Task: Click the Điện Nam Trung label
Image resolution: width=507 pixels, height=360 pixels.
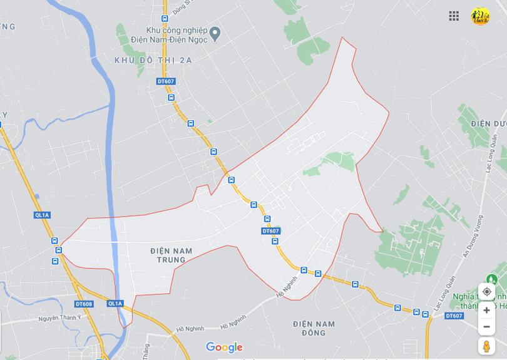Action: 171,255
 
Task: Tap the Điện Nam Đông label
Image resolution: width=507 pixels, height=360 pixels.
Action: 314,328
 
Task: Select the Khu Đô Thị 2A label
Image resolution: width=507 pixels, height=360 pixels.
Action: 153,60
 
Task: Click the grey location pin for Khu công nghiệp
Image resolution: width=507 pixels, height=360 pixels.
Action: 215,33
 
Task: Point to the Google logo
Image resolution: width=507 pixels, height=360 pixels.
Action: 223,347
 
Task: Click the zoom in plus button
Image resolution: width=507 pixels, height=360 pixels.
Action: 486,310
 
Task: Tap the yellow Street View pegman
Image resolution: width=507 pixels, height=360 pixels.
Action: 486,346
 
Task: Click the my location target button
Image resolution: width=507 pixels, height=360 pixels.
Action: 486,292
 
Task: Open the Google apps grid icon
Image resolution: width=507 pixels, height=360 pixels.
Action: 454,16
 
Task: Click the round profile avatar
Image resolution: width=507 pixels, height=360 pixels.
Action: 480,16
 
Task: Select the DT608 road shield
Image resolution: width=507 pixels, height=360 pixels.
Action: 84,304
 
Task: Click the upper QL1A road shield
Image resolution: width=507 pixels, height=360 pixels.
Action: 42,215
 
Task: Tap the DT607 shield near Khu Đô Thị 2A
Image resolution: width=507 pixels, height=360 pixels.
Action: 166,81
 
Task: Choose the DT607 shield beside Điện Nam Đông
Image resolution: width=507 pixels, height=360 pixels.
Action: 454,316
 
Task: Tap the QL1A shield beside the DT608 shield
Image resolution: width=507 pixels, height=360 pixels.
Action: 115,304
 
